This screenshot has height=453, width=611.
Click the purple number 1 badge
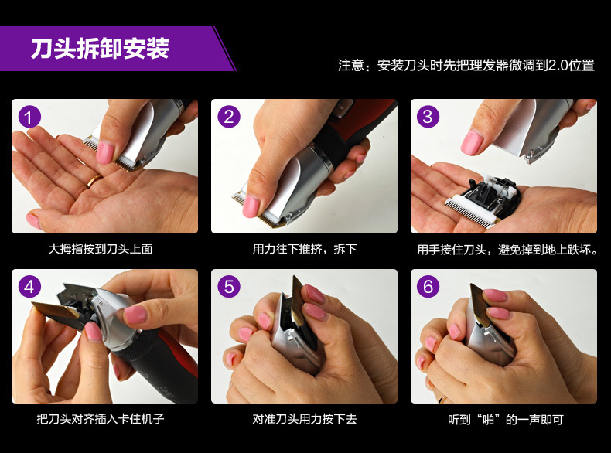pyautogui.click(x=29, y=117)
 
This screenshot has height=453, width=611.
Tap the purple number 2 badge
pyautogui.click(x=229, y=117)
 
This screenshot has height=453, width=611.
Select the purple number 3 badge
pyautogui.click(x=428, y=117)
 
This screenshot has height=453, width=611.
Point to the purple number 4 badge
pyautogui.click(x=29, y=287)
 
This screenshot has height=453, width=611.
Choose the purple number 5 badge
pyautogui.click(x=229, y=287)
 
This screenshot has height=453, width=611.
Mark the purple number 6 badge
pyautogui.click(x=428, y=287)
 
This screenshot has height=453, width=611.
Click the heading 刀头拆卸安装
pyautogui.click(x=100, y=48)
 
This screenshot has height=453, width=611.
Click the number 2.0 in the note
pyautogui.click(x=558, y=65)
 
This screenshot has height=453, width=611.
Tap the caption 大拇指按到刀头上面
pyautogui.click(x=100, y=249)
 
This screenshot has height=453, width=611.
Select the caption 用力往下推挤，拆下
pyautogui.click(x=304, y=249)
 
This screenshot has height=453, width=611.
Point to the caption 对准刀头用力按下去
pyautogui.click(x=304, y=419)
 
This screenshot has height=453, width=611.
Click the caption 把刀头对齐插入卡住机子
pyautogui.click(x=100, y=419)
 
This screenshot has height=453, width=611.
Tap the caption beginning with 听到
pyautogui.click(x=505, y=420)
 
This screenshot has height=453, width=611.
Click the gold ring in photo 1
pyautogui.click(x=94, y=181)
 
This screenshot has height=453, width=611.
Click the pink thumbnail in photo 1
pyautogui.click(x=104, y=152)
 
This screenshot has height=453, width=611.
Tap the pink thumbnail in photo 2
pyautogui.click(x=251, y=206)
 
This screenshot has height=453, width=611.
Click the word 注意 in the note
pyautogui.click(x=350, y=65)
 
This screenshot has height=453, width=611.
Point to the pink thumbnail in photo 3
pyautogui.click(x=472, y=142)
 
